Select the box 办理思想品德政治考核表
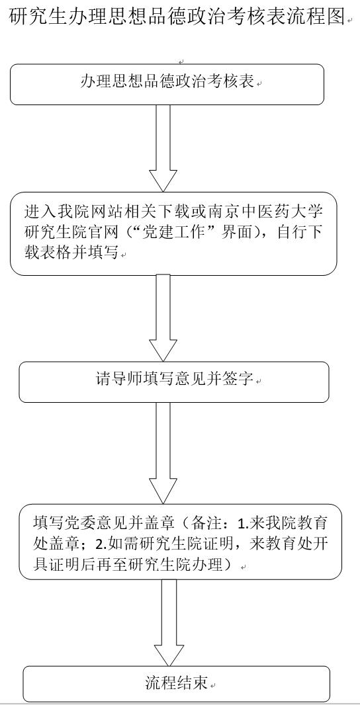pyautogui.click(x=167, y=85)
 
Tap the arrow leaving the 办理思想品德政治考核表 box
pyautogui.click(x=163, y=148)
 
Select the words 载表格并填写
pyautogui.click(x=72, y=253)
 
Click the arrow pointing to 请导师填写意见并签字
pyautogui.click(x=163, y=318)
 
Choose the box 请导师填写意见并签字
pyautogui.click(x=173, y=382)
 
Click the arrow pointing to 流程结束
pyautogui.click(x=169, y=622)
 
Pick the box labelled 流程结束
pyautogui.click(x=176, y=684)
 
